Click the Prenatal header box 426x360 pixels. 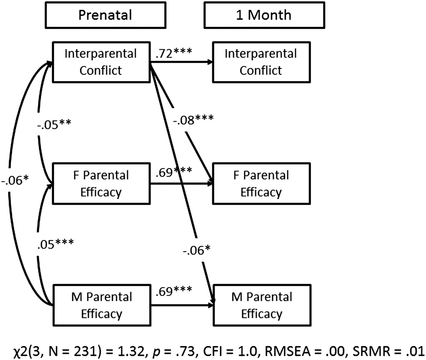point(105,15)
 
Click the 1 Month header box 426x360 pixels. point(264,15)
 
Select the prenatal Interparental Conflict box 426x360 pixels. point(101,62)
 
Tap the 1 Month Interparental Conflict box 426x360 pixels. point(261,62)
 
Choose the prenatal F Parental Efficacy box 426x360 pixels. point(101,184)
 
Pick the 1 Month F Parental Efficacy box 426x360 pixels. point(261,184)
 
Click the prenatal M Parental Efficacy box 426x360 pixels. point(102,305)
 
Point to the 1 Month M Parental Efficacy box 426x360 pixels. point(262,305)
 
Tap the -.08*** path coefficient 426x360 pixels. point(194,120)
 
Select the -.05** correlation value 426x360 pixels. point(54,124)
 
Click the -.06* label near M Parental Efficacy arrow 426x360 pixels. point(197,250)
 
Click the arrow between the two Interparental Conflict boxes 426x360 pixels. point(181,62)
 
